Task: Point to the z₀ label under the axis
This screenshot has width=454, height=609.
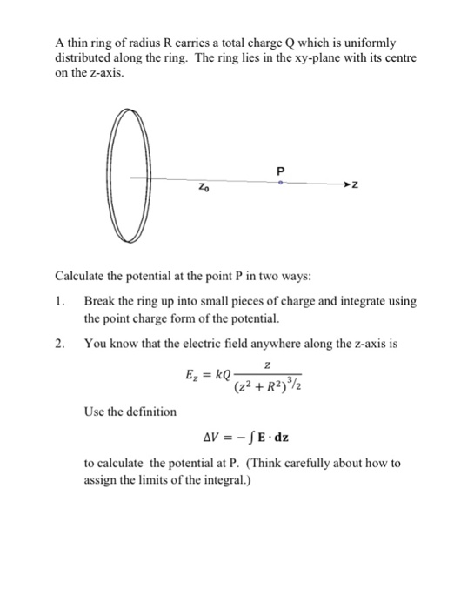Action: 203,187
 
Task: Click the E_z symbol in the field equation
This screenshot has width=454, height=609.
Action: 194,375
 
